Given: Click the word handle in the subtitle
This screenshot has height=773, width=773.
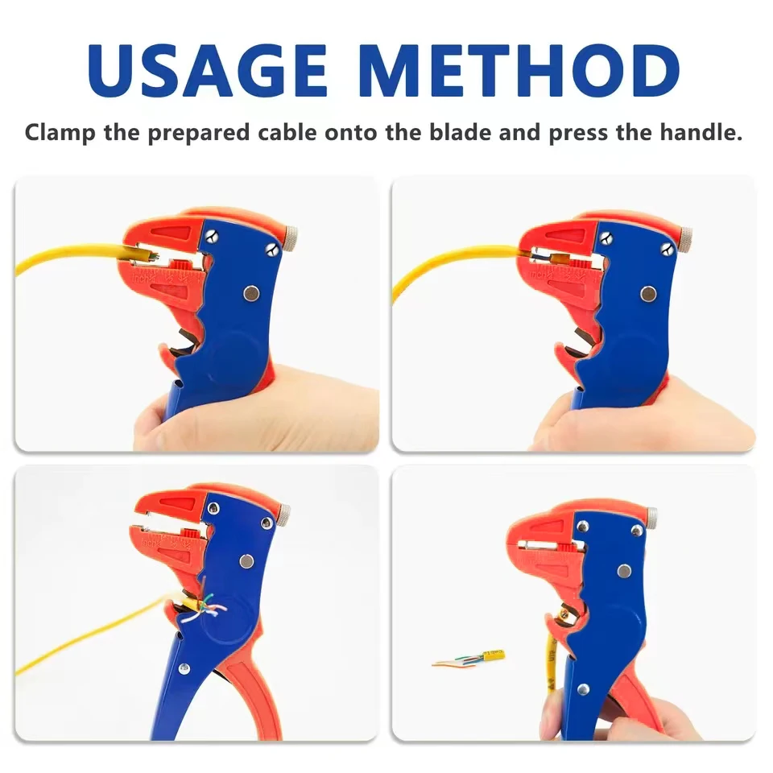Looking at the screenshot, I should (x=701, y=132).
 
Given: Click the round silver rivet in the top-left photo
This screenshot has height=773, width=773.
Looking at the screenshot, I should (x=253, y=295).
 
